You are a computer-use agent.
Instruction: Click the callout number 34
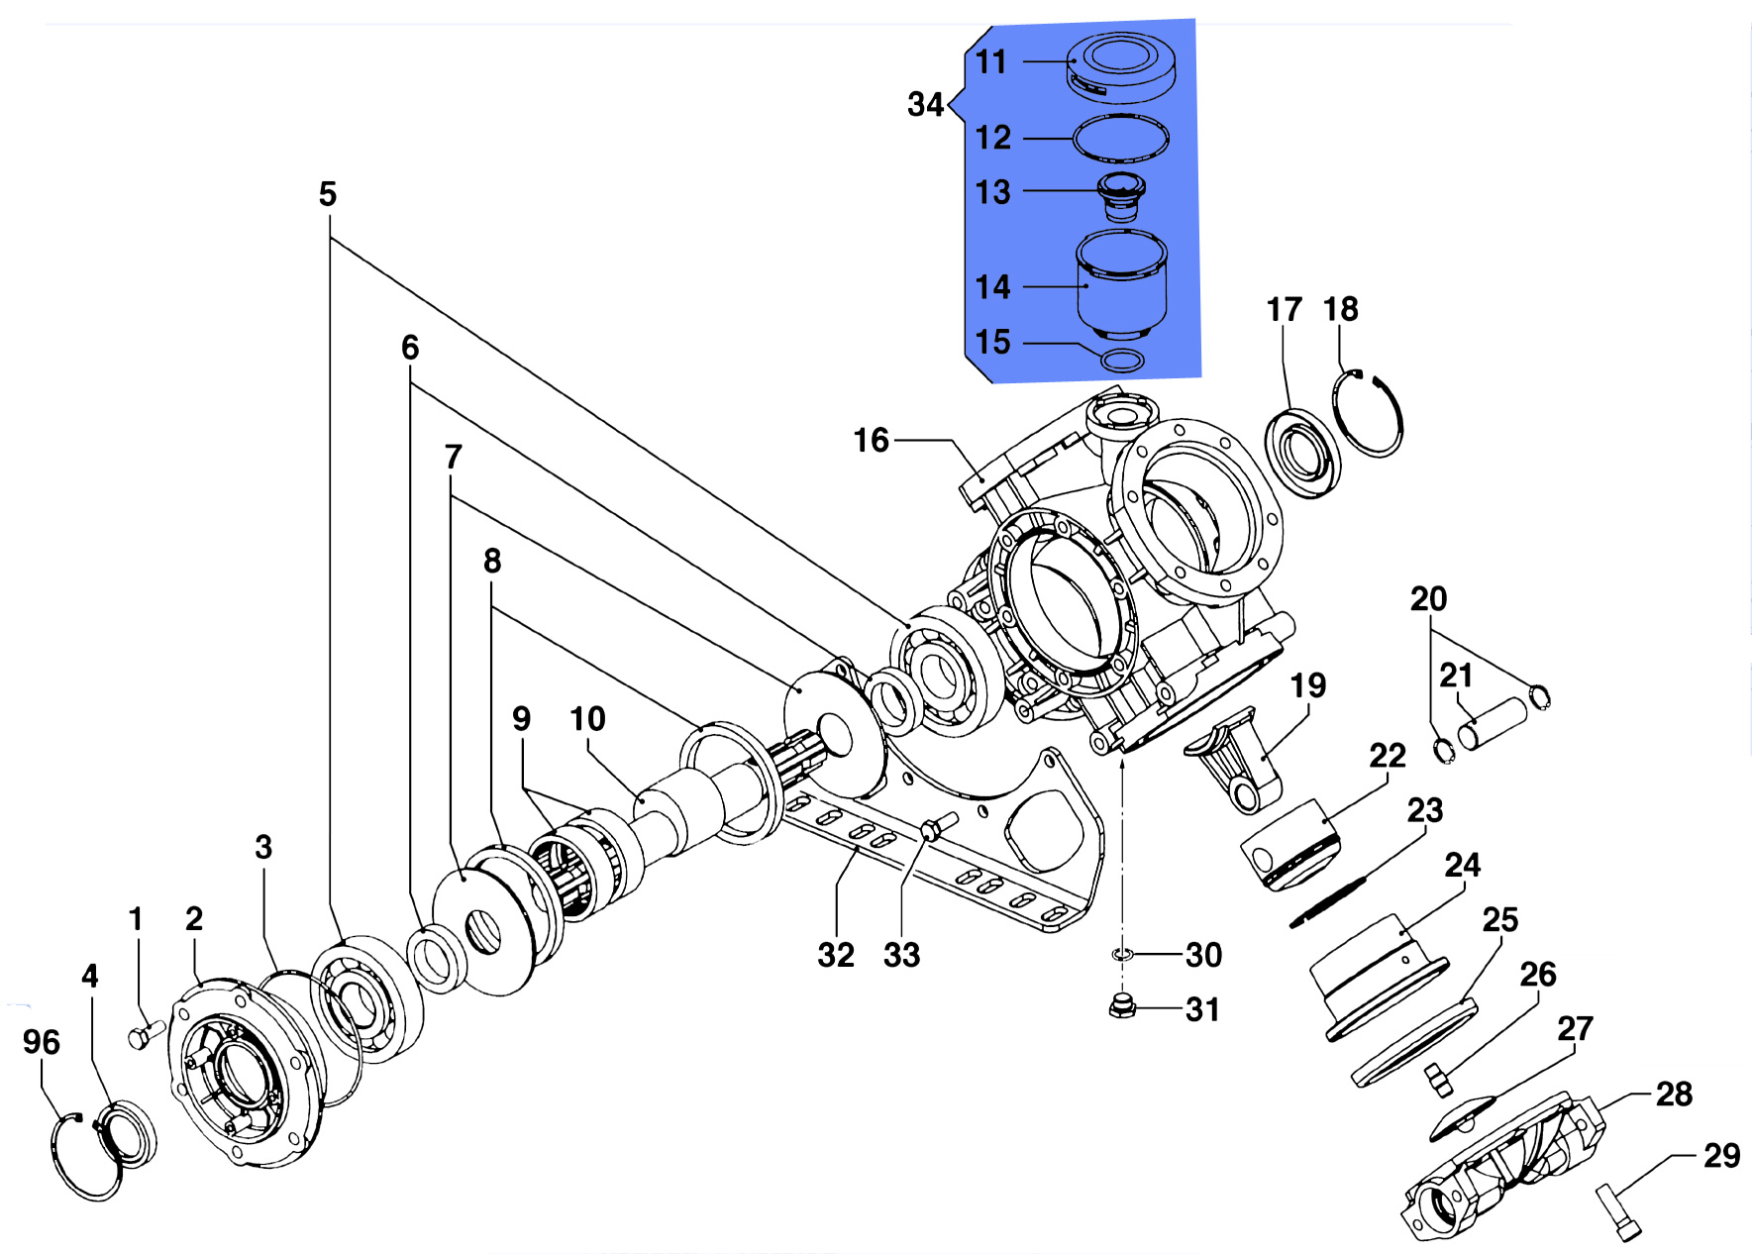(925, 104)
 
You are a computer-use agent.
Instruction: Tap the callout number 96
(42, 1042)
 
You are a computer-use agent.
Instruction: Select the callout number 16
(872, 440)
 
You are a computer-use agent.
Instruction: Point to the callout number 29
(1721, 1155)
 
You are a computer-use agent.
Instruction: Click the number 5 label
(328, 194)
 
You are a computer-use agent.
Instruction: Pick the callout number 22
(1388, 756)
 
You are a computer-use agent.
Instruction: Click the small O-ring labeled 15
(1122, 360)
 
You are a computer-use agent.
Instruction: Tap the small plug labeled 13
(1121, 196)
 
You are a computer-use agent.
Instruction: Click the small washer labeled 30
(1121, 954)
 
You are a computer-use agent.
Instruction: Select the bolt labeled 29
(1618, 1212)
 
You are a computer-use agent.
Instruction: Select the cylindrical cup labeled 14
(1121, 285)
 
